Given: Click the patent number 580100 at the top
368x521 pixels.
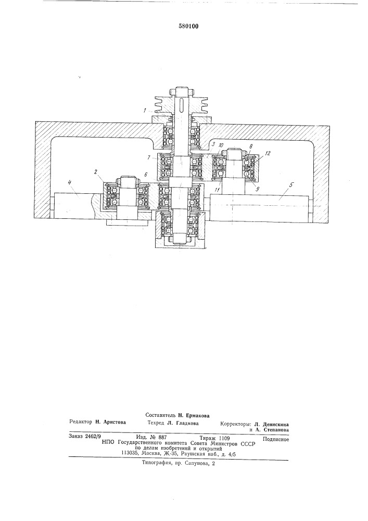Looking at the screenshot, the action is tap(188, 26).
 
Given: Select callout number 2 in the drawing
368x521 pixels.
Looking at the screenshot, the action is tap(95, 172).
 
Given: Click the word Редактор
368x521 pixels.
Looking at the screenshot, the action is tap(81, 422).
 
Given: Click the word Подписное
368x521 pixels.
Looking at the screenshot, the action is tap(275, 439).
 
